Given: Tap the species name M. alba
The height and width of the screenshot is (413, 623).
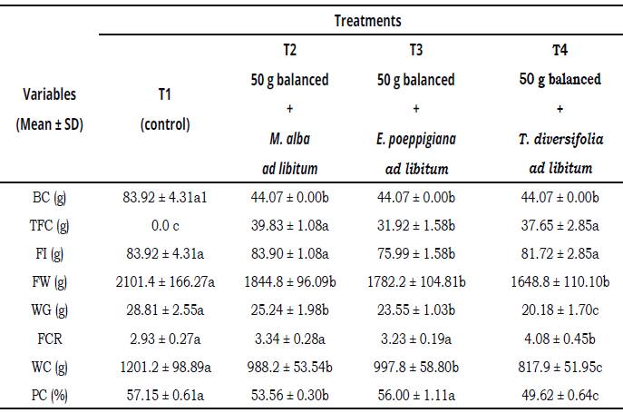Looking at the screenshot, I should (289, 139).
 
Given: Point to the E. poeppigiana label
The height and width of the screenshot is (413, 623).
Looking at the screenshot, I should (415, 139).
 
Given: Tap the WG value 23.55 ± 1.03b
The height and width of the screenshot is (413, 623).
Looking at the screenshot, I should (415, 321).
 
